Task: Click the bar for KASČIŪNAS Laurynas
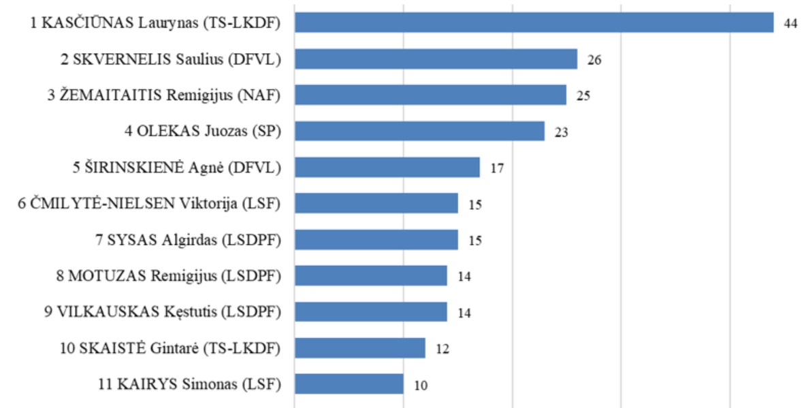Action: [x=534, y=22]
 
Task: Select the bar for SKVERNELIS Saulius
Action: [x=436, y=59]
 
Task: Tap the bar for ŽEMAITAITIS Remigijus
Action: [x=430, y=95]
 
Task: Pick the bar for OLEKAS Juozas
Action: [x=419, y=131]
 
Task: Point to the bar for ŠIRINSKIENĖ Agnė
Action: [x=387, y=167]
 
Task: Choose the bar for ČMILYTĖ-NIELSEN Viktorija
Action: [x=376, y=203]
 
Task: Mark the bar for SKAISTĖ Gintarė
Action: [x=359, y=348]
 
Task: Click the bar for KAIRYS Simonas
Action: [x=349, y=384]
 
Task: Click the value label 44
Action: [x=790, y=23]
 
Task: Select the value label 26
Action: [x=594, y=60]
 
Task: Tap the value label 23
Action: [x=562, y=132]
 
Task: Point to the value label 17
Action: [x=497, y=168]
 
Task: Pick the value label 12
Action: [x=442, y=349]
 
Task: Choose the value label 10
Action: [x=421, y=385]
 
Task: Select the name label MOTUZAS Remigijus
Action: [x=170, y=275]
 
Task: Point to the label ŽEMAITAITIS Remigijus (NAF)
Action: [x=164, y=95]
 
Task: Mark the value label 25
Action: [x=583, y=96]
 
